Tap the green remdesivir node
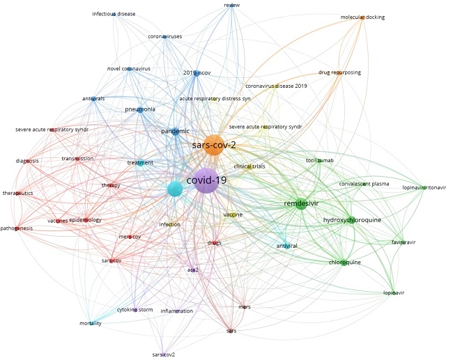(300, 204)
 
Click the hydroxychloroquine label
(352, 220)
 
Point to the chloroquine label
(344, 263)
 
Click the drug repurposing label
(339, 72)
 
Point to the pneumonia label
(140, 110)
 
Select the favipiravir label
(403, 242)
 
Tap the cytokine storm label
(135, 309)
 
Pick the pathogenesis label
(17, 228)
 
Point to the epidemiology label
(85, 220)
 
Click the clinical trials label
(250, 167)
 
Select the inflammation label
(176, 311)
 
